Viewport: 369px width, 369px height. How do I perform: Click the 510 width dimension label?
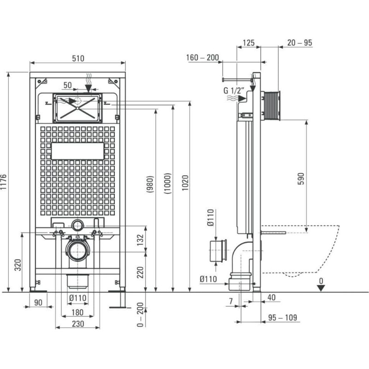(78, 58)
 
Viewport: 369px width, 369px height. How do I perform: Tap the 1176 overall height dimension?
(4, 182)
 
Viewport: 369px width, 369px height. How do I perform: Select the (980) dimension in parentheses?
(150, 184)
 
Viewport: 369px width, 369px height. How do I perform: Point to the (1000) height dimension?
(167, 184)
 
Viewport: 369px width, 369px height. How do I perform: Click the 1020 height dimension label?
(185, 183)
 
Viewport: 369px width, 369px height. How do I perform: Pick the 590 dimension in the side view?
(301, 179)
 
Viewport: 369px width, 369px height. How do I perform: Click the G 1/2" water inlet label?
(234, 90)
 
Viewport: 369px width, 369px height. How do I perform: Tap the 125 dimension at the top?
(249, 43)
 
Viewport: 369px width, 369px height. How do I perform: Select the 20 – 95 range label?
(299, 42)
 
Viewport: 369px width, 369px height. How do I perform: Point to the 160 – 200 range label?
(202, 57)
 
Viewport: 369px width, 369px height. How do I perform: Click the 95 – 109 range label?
(282, 317)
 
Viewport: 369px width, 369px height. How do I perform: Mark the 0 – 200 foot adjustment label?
(140, 315)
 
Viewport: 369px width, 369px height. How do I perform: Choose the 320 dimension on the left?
(18, 265)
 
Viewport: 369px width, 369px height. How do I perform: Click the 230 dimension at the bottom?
(78, 324)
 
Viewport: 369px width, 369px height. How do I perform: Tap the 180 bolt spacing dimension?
(77, 312)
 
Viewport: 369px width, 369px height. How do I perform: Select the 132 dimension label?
(140, 240)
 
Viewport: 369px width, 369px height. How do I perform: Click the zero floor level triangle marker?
(321, 288)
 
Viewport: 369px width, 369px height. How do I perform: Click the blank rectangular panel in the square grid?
(77, 151)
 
